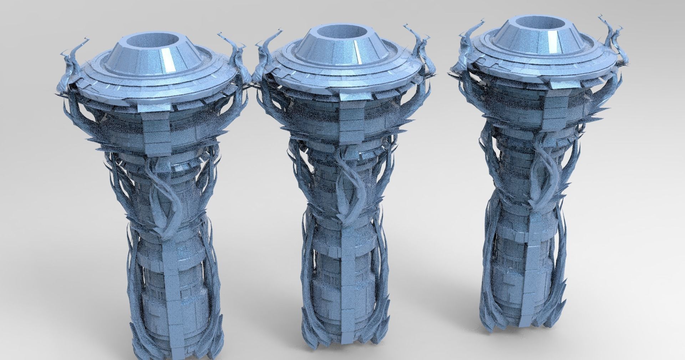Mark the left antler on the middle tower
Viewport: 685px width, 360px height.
tap(266, 54)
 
